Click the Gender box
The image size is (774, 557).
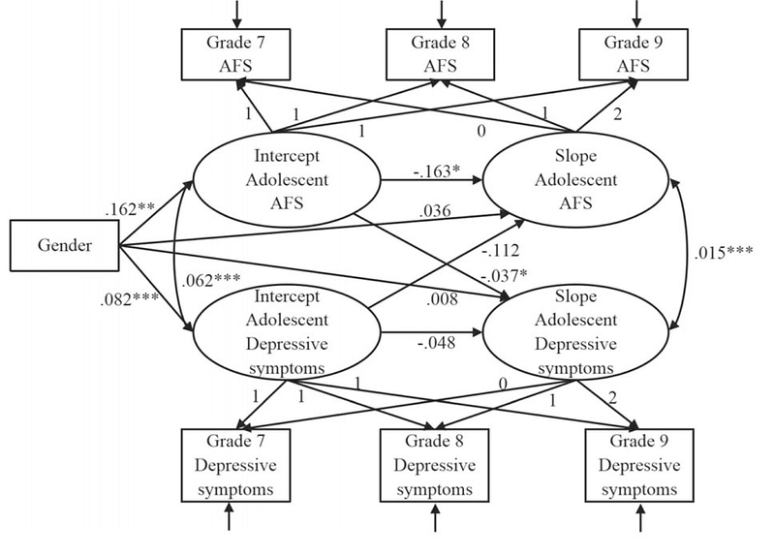click(63, 245)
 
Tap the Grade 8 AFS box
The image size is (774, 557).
click(441, 53)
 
